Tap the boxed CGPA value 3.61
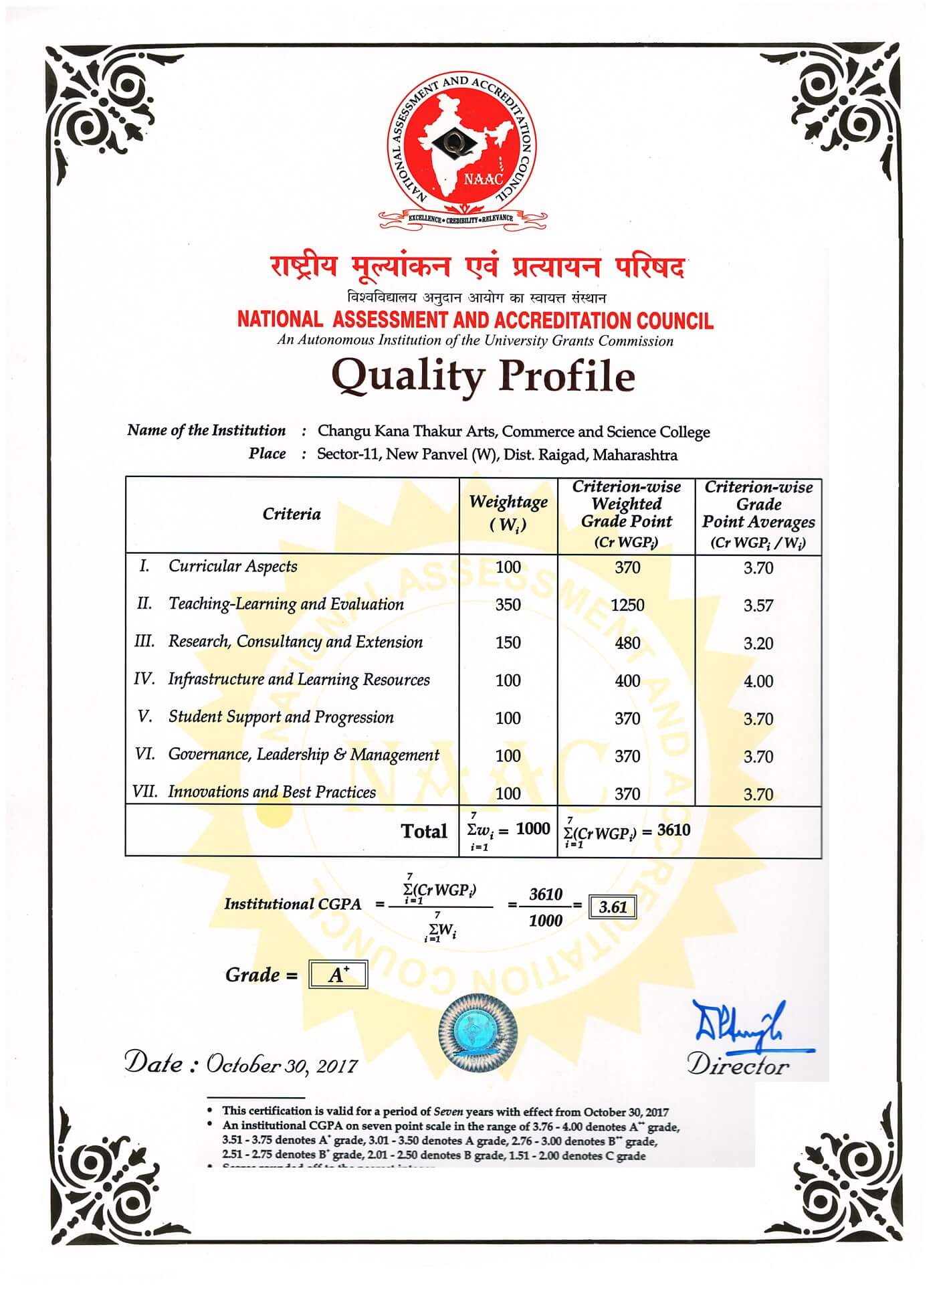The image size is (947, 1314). (x=613, y=907)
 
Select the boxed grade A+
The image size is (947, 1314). (x=338, y=975)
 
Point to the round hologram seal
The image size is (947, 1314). (x=478, y=1030)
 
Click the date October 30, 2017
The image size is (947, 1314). (x=282, y=1064)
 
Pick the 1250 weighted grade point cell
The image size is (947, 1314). (x=627, y=605)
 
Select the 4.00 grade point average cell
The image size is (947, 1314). (x=758, y=681)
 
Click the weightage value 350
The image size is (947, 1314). (x=508, y=605)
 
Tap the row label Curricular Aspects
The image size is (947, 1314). (x=233, y=566)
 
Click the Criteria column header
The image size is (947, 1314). (x=292, y=514)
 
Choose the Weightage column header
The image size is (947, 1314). (x=508, y=512)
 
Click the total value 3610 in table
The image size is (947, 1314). (x=673, y=830)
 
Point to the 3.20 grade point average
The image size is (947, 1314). (x=758, y=644)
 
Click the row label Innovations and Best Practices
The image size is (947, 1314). (x=272, y=792)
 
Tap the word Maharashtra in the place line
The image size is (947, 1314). (x=635, y=455)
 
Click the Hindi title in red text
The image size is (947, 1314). (x=477, y=266)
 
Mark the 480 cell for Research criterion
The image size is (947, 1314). (x=627, y=643)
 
